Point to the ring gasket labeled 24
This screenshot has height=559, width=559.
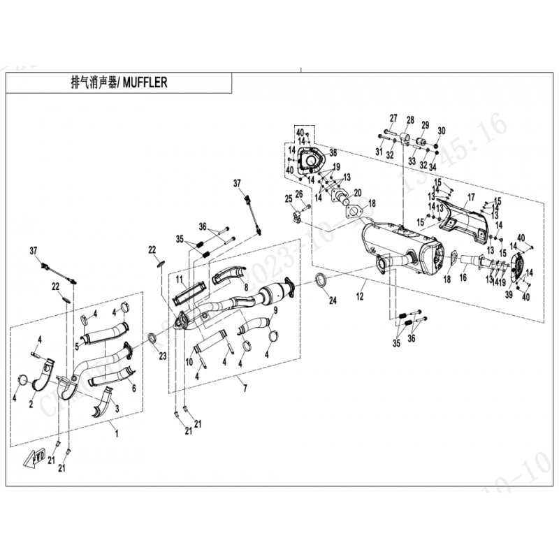tap(323, 282)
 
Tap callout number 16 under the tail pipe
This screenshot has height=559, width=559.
tap(463, 277)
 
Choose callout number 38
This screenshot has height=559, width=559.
tap(333, 152)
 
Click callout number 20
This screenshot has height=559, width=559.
tap(358, 193)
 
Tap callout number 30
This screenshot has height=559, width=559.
tap(442, 131)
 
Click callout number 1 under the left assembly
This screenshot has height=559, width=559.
tap(117, 433)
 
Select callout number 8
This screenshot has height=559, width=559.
tap(246, 286)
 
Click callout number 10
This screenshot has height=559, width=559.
tap(189, 361)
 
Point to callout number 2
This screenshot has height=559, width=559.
tap(31, 404)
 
